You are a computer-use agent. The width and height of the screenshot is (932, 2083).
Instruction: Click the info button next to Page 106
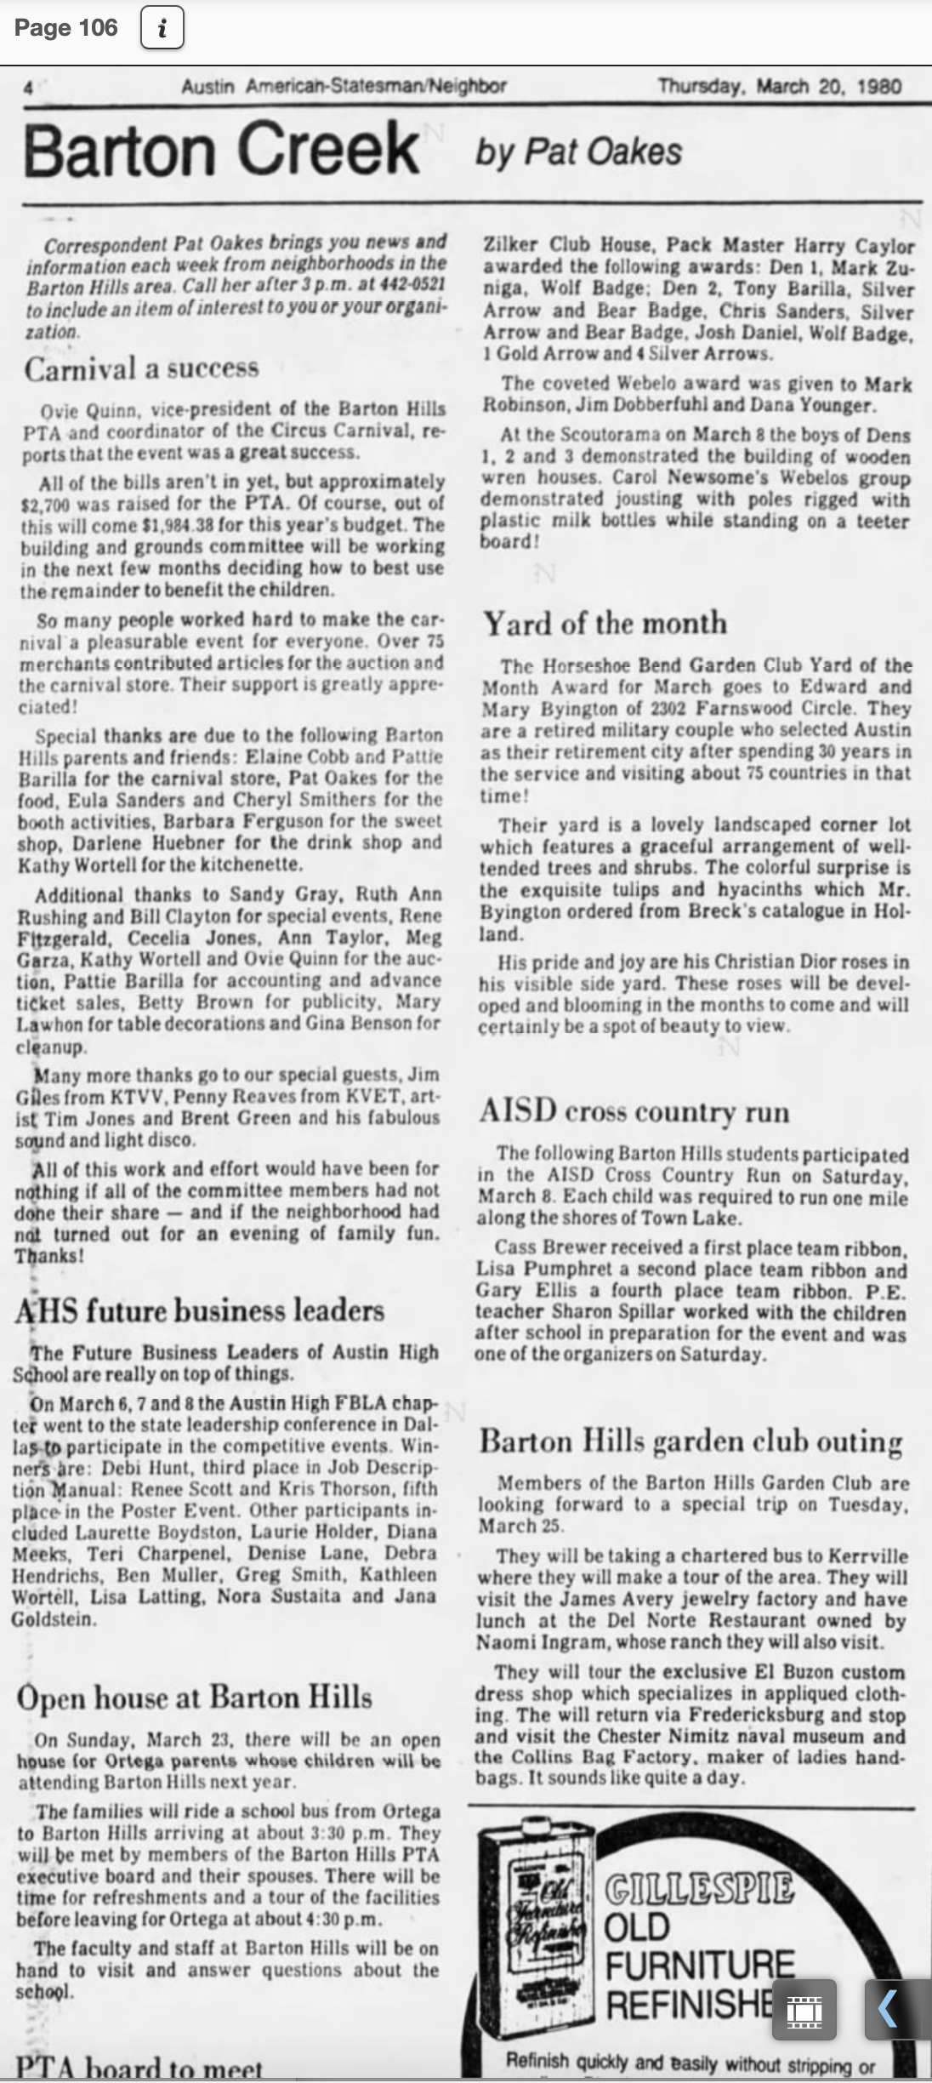pos(162,30)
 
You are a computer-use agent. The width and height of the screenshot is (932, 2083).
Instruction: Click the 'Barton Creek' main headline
pos(220,149)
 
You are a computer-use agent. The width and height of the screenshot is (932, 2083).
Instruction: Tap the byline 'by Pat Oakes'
pos(578,152)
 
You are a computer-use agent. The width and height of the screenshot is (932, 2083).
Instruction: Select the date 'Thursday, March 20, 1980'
pos(780,86)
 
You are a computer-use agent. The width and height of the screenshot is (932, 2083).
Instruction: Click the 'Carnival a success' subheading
pos(141,368)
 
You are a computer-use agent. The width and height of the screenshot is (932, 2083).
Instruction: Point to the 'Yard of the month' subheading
pos(605,624)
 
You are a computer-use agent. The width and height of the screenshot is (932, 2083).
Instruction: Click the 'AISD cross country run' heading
pos(634,1111)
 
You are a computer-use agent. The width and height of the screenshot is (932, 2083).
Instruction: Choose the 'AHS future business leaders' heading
pos(200,1310)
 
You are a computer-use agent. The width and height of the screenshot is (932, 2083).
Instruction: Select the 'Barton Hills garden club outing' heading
pos(690,1441)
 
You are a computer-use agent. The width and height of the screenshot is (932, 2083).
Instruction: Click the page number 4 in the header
pos(28,86)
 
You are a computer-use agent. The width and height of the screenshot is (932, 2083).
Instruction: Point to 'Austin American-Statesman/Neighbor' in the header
pos(344,86)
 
